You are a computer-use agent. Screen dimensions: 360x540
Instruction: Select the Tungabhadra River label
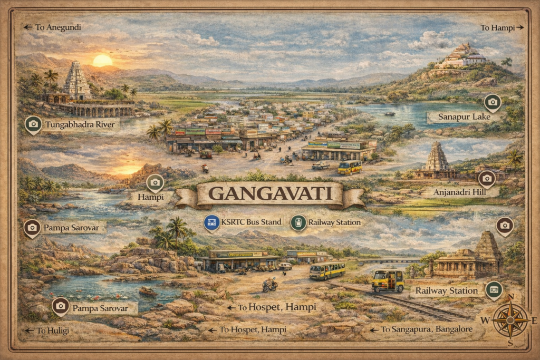click(82, 124)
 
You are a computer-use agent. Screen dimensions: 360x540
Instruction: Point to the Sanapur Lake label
click(464, 117)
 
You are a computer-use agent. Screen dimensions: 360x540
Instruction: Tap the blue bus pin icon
click(211, 222)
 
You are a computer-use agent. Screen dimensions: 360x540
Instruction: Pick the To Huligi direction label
click(53, 330)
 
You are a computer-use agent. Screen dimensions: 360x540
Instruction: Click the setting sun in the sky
click(102, 61)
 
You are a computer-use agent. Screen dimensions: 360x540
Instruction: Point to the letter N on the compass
click(510, 297)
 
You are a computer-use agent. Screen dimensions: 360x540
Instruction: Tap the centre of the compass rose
click(510, 320)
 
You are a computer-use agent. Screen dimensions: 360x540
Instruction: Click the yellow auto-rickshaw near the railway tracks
click(388, 280)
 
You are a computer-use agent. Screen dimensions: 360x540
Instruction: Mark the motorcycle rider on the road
click(270, 284)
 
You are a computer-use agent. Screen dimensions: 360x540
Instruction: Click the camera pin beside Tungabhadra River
click(33, 124)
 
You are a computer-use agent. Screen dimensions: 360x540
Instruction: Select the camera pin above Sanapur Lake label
click(493, 101)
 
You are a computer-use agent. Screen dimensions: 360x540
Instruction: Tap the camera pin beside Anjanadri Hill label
click(486, 178)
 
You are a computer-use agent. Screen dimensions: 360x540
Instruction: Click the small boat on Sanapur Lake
click(390, 113)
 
